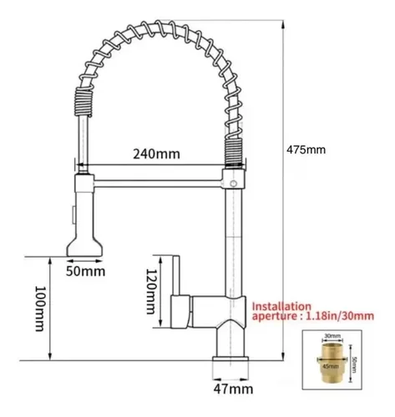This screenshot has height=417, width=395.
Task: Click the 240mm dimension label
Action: (x=155, y=154)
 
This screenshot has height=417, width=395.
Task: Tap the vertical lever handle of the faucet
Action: (x=178, y=275)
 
